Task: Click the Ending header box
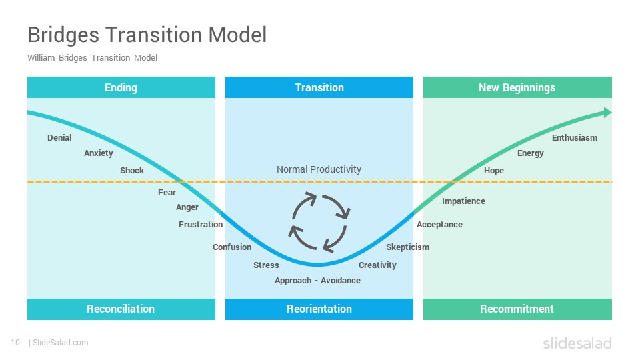(121, 87)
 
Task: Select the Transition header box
(319, 87)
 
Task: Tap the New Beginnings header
(517, 87)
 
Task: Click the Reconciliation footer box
(121, 309)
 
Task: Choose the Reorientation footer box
(319, 309)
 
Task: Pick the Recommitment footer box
(517, 309)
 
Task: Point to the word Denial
(59, 137)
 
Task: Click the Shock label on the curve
(132, 170)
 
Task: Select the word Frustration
(201, 224)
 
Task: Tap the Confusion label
(232, 247)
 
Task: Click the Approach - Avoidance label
(317, 281)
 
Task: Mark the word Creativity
(377, 265)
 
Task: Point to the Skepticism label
(408, 247)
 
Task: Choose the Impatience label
(464, 201)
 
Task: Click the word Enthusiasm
(575, 137)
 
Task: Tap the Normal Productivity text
(319, 169)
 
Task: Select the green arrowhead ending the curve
(608, 112)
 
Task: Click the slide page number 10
(15, 343)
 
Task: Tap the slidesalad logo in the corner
(577, 343)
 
